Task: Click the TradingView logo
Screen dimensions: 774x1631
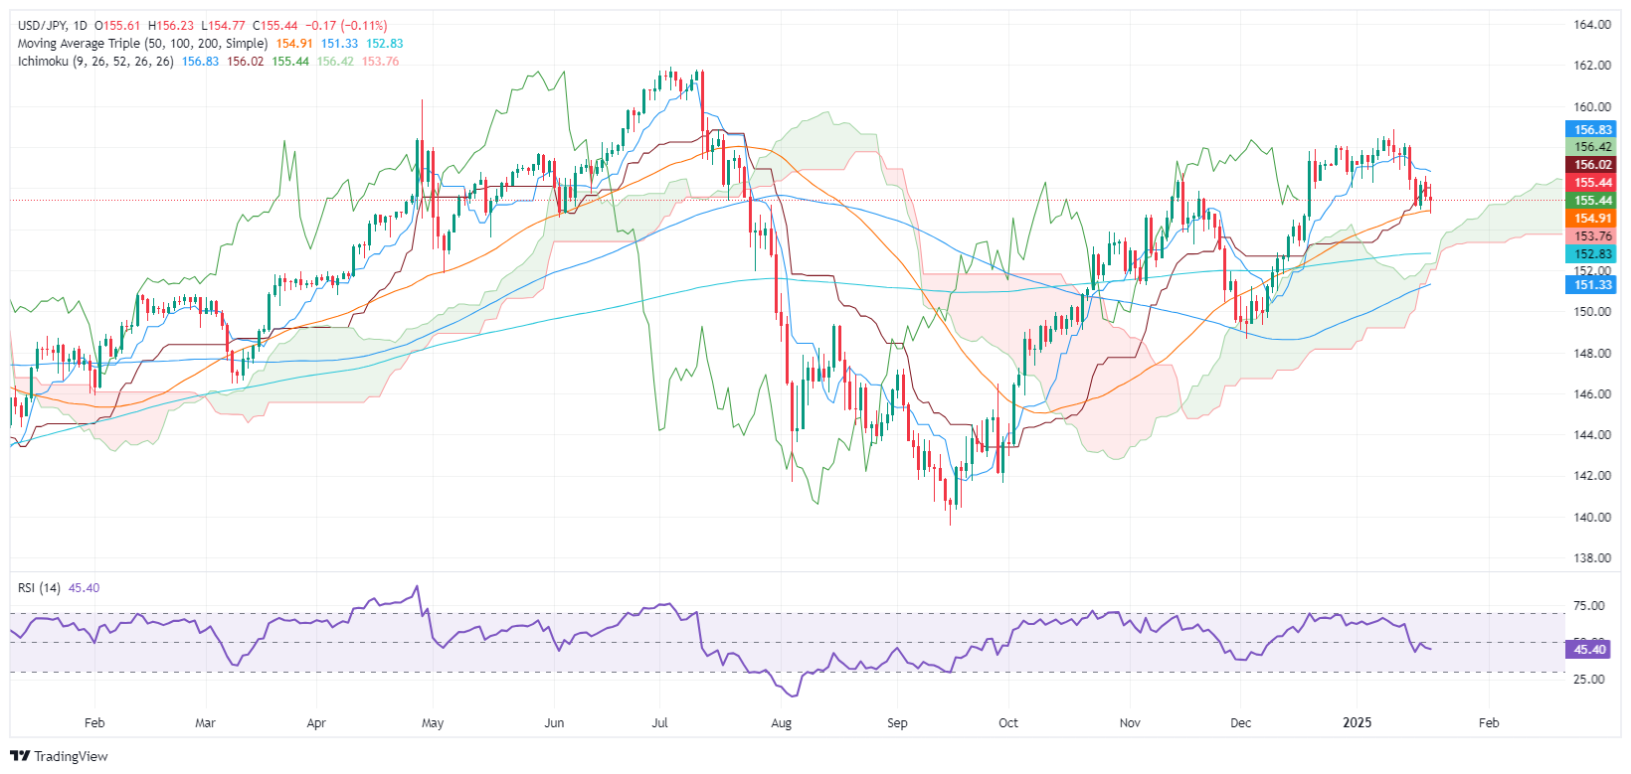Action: (x=59, y=756)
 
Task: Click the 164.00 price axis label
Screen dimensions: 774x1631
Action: (x=1592, y=25)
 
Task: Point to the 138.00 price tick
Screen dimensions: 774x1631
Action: (x=1592, y=557)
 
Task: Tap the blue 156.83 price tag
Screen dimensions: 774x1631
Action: (x=1592, y=129)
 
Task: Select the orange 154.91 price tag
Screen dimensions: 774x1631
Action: (x=1592, y=219)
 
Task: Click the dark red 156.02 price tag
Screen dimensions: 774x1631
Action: (x=1592, y=165)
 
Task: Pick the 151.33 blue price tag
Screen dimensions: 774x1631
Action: (x=1592, y=285)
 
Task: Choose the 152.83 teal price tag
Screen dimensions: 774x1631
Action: (x=1592, y=254)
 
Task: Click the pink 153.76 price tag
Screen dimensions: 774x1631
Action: (x=1592, y=236)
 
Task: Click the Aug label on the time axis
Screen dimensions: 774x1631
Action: (x=782, y=722)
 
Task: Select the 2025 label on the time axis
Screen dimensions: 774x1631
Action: (x=1357, y=722)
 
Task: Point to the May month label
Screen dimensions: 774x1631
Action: (x=433, y=722)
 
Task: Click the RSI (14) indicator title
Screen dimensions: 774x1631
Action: (x=39, y=588)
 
